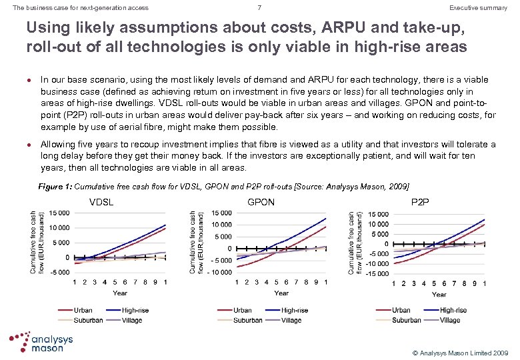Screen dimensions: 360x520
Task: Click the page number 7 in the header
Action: [260, 8]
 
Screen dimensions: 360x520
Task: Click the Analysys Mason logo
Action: [41, 341]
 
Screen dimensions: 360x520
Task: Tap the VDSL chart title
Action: [101, 202]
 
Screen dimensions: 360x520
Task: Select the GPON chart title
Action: [261, 202]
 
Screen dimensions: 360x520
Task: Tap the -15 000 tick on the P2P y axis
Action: [377, 273]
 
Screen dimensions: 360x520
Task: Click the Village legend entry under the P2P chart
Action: [450, 320]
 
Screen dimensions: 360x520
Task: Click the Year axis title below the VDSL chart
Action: [120, 293]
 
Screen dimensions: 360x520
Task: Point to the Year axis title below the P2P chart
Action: [439, 294]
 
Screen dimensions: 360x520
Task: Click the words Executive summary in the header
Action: [478, 8]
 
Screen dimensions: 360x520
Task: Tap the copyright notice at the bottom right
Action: [461, 351]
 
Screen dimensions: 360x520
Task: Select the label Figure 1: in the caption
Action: [57, 186]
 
